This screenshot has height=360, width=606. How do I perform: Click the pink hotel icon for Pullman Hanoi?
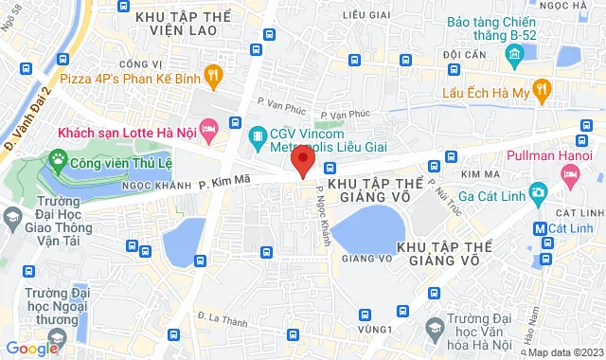coord(570,173)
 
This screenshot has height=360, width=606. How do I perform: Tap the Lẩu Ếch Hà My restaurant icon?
coord(544,91)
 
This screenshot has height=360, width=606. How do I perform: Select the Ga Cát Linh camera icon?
coord(538,193)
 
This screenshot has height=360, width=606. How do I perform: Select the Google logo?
coord(32,349)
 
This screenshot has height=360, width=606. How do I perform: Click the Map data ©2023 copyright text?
coord(564,353)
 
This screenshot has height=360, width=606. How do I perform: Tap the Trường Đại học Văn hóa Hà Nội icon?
coord(436,328)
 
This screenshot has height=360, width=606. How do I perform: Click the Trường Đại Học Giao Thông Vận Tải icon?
coord(12,219)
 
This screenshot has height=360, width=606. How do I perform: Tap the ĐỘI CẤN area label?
coord(463,55)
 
